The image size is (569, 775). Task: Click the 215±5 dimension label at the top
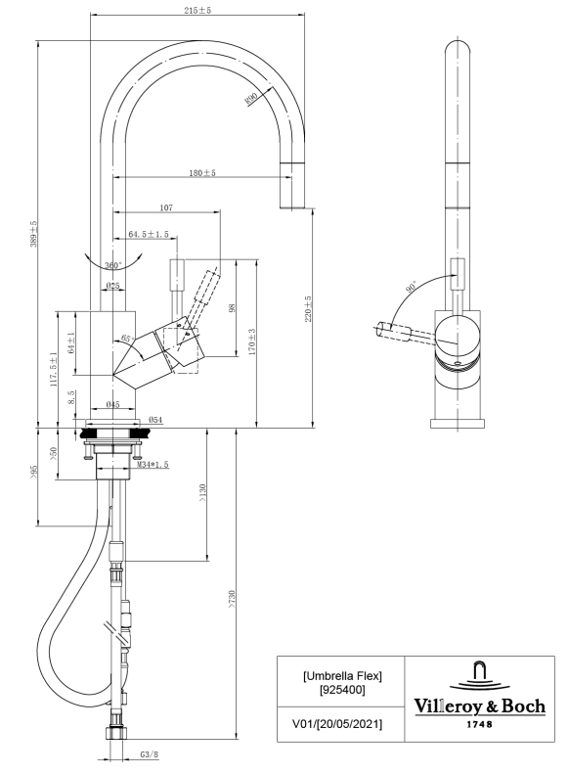pos(197,10)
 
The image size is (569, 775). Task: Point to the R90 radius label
pos(251,99)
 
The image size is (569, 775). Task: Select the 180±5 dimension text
pos(202,173)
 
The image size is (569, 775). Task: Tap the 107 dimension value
pos(166,207)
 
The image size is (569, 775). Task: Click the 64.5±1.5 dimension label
pos(149,234)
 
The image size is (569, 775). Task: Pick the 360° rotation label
pos(113,265)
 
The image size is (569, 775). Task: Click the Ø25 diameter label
pos(113,286)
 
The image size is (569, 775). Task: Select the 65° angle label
pos(127,339)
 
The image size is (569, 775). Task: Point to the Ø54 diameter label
pos(155,420)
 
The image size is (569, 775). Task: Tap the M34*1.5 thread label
pos(153,465)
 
